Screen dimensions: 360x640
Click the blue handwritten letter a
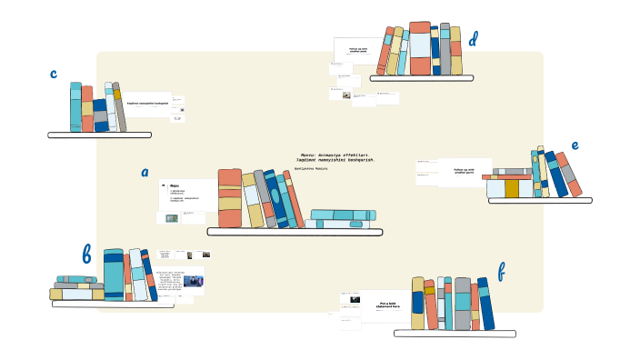point(145,172)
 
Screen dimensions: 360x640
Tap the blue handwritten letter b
point(86,255)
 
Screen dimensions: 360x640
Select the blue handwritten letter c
point(54,74)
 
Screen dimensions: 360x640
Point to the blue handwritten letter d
point(473,40)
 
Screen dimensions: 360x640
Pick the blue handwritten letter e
point(575,145)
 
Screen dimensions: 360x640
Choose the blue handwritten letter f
point(501,271)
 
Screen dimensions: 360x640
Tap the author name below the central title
point(311,168)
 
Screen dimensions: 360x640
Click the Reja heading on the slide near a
point(174,185)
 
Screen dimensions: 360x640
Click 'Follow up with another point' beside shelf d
point(358,51)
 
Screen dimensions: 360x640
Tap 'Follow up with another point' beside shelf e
point(464,170)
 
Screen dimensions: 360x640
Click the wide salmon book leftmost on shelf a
point(230,198)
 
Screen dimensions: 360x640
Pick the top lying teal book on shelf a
point(341,215)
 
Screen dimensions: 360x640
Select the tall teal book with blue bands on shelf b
point(114,275)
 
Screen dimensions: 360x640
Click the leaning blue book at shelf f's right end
point(486,304)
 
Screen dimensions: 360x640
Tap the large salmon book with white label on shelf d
point(420,49)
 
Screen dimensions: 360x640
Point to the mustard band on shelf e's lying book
point(512,188)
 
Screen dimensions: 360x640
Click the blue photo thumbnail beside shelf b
point(193,281)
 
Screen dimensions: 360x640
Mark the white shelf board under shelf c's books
point(99,135)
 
